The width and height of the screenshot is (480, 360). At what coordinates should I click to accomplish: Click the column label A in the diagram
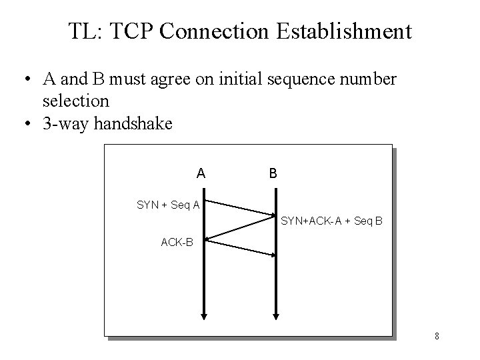click(201, 173)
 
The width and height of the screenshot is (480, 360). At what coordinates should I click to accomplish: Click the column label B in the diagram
click(273, 173)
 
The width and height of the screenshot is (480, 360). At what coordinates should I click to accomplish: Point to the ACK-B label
click(177, 242)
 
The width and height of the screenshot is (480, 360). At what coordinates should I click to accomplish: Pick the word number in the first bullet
click(374, 80)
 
